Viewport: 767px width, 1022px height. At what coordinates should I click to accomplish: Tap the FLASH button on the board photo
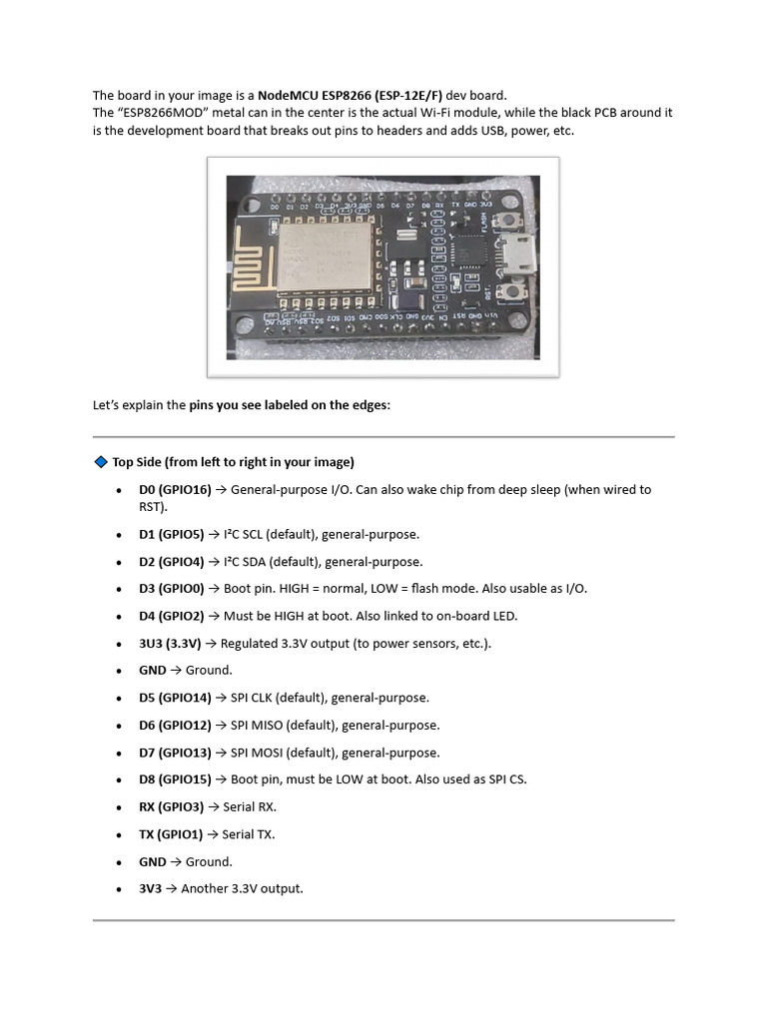tap(511, 221)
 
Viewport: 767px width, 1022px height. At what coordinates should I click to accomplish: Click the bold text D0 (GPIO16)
tap(175, 490)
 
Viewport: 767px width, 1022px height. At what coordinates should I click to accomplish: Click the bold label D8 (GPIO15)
tap(175, 779)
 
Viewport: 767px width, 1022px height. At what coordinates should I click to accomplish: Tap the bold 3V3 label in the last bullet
tap(150, 888)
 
